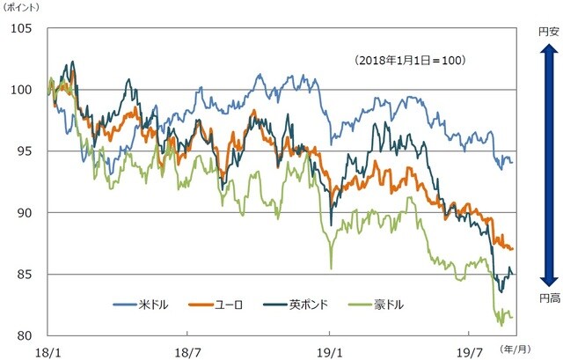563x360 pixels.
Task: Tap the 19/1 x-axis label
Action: (330, 349)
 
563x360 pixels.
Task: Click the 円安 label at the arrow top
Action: (547, 31)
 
